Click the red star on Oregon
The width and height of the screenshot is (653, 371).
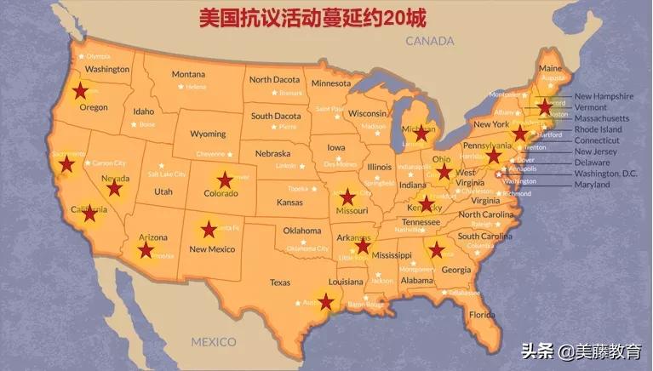80,90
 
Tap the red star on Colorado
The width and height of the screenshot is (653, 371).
225,180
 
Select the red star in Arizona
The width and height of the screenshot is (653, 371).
146,249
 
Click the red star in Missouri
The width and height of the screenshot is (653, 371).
347,197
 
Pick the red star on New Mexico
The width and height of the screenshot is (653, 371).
209,229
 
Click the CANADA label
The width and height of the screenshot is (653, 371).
430,41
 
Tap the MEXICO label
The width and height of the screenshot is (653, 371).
213,342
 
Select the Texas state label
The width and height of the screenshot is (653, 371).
280,282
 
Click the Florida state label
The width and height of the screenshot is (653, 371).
482,315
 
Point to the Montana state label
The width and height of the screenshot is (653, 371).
188,74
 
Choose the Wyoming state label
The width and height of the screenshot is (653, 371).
208,134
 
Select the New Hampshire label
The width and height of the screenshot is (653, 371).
604,96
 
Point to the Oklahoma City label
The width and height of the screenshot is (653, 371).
307,248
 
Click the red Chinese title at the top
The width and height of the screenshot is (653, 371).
312,18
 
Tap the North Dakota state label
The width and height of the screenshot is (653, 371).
274,80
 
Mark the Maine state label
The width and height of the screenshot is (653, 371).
550,68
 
